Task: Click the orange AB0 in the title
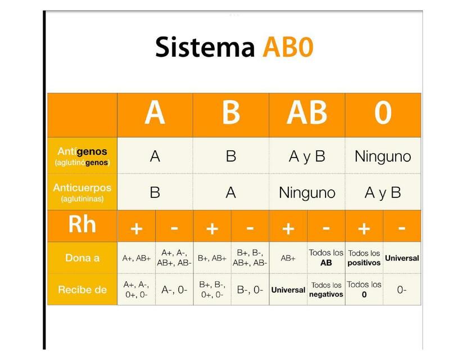287,47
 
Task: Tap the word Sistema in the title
205,47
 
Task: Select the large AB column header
307,112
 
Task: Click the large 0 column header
383,112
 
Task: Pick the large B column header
230,112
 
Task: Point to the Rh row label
82,224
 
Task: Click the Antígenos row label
82,156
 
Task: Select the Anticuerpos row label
82,192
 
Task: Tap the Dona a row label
82,258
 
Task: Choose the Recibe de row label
82,290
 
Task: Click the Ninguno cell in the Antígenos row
383,156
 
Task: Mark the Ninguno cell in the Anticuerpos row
307,193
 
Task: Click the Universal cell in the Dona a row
402,258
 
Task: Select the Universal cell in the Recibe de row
288,290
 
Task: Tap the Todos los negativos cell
326,290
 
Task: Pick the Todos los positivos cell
364,258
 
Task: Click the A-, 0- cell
174,290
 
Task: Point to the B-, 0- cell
250,290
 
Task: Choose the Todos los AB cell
326,258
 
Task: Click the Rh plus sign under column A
136,228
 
